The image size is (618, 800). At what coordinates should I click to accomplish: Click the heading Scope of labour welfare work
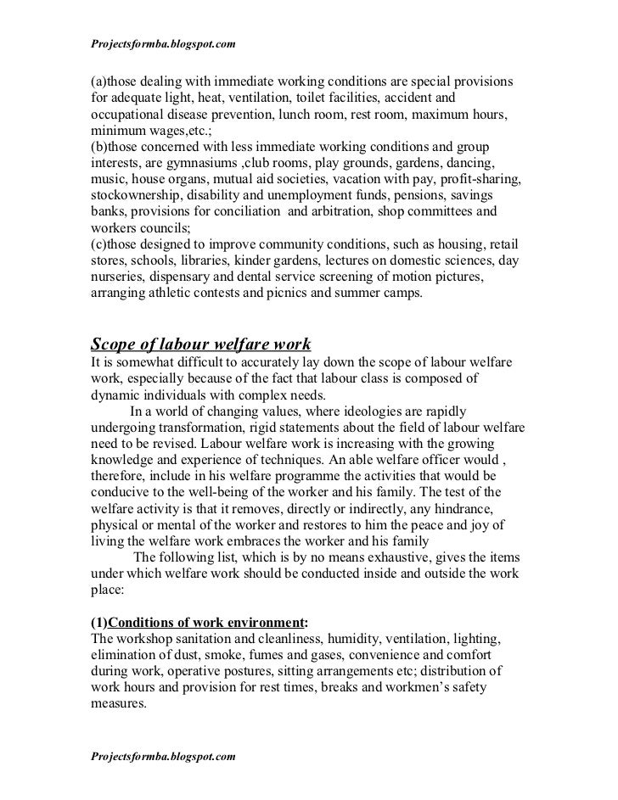[201, 344]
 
